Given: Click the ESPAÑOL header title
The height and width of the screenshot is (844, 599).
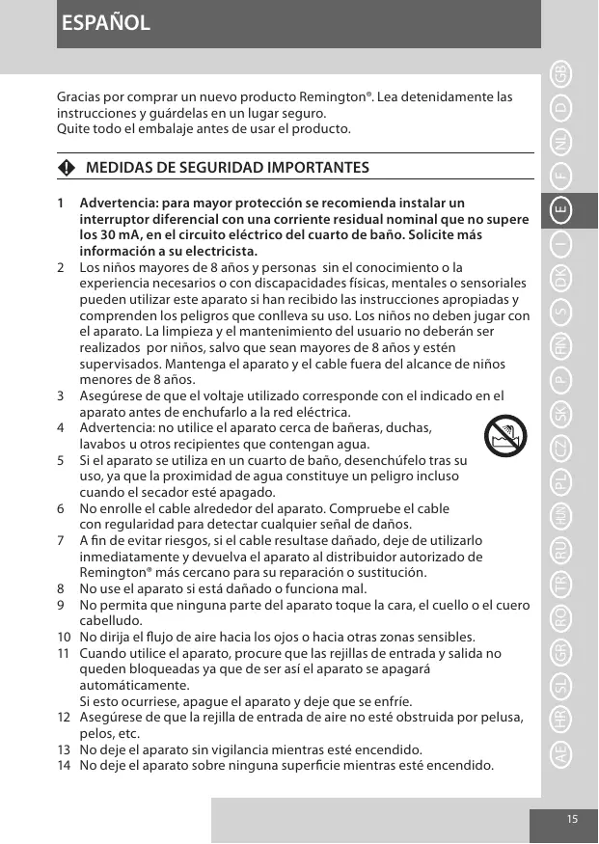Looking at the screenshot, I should click(105, 23).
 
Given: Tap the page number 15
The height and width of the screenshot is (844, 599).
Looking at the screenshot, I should click(573, 818).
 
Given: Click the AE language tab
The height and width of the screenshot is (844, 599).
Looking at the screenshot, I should click(562, 754).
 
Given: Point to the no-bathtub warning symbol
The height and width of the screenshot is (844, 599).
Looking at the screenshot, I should click(504, 442).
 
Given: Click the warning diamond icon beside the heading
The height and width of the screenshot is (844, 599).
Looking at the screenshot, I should click(66, 168).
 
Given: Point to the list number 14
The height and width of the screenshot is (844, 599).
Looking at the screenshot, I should click(64, 766).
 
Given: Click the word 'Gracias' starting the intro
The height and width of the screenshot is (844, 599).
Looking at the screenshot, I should click(80, 97).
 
